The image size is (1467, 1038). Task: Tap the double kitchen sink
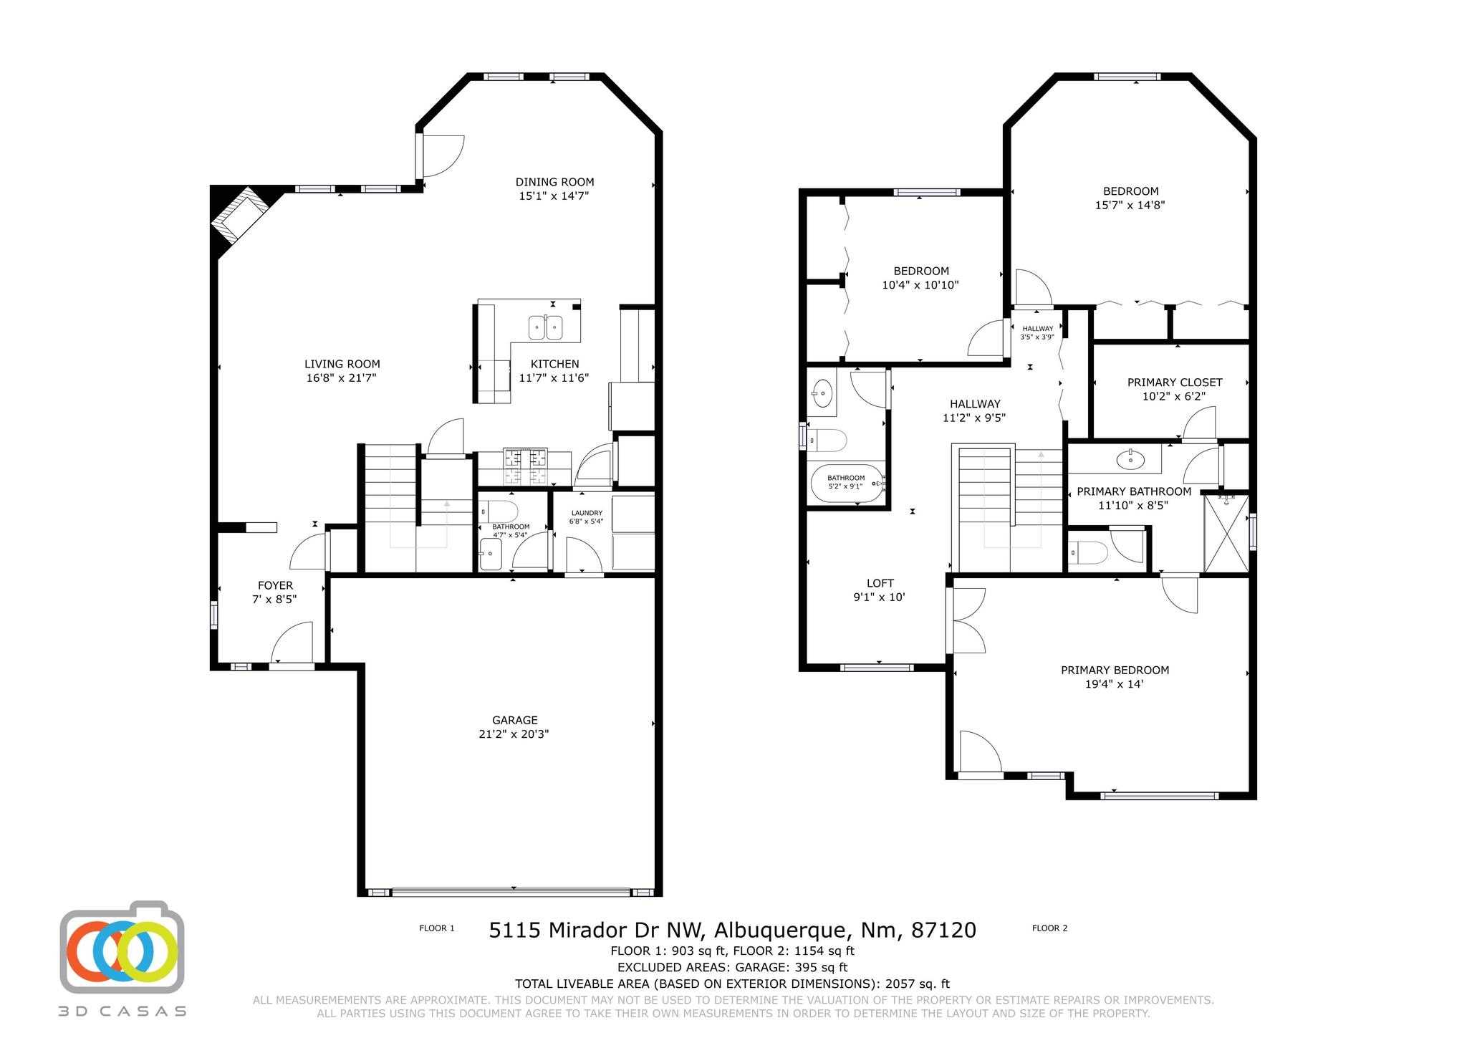(545, 327)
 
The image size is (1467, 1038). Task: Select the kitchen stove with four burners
(525, 466)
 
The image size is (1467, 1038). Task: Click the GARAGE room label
(514, 720)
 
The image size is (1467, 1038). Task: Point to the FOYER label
(275, 585)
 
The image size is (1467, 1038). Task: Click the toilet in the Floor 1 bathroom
(500, 512)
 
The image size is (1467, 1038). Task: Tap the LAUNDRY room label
(587, 513)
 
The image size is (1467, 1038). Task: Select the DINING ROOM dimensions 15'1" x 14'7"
(554, 196)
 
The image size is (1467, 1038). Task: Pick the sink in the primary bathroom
(1131, 459)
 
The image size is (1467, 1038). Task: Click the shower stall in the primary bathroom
(1226, 533)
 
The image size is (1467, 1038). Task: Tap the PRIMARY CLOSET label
(1175, 383)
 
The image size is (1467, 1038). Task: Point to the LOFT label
(880, 583)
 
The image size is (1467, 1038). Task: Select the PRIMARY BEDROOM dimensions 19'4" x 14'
(1115, 684)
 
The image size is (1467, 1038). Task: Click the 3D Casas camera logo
(122, 948)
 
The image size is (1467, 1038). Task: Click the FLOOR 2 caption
(1049, 928)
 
